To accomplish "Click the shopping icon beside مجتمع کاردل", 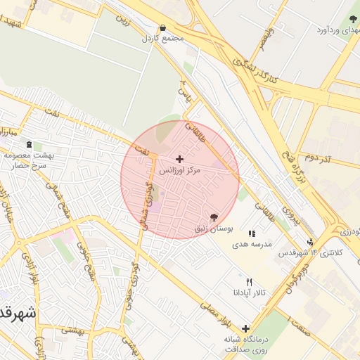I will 163,28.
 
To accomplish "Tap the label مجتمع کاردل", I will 162,39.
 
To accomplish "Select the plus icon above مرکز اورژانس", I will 180,159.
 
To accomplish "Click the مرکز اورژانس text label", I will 180,170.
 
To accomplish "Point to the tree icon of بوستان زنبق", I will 214,217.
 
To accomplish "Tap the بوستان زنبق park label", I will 213,229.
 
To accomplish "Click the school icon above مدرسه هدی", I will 252,233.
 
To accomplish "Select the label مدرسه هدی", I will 252,243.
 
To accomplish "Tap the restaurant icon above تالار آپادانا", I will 249,282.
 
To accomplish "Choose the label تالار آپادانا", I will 249,292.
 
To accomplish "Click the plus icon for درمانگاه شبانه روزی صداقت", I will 245,328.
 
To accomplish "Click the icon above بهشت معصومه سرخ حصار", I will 28,144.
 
